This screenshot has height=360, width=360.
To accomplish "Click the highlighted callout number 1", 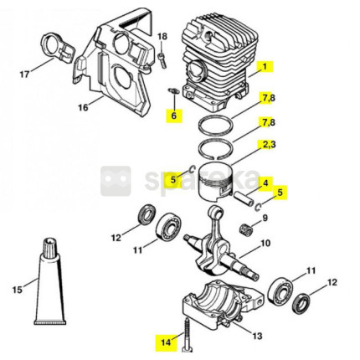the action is pyautogui.click(x=265, y=67).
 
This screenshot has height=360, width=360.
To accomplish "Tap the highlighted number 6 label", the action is pyautogui.click(x=174, y=116).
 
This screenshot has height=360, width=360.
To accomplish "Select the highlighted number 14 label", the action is pyautogui.click(x=166, y=342).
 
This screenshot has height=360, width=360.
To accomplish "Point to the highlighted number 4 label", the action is pyautogui.click(x=265, y=183).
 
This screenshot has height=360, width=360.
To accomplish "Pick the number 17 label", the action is pyautogui.click(x=24, y=75).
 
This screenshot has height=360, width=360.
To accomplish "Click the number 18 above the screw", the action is pyautogui.click(x=162, y=37).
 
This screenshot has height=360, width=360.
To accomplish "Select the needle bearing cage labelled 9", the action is pyautogui.click(x=244, y=229).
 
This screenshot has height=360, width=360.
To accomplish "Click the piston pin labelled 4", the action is pyautogui.click(x=243, y=198).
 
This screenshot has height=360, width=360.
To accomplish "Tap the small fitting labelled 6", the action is pyautogui.click(x=173, y=91).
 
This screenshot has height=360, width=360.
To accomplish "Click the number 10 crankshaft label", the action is pyautogui.click(x=265, y=243).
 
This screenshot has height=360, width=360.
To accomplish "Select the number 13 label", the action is pyautogui.click(x=257, y=336).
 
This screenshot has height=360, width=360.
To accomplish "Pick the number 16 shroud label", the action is pyautogui.click(x=83, y=107).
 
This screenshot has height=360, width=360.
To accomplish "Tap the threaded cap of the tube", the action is pyautogui.click(x=50, y=245).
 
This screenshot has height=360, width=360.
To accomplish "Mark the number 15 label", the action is pyautogui.click(x=18, y=290).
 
